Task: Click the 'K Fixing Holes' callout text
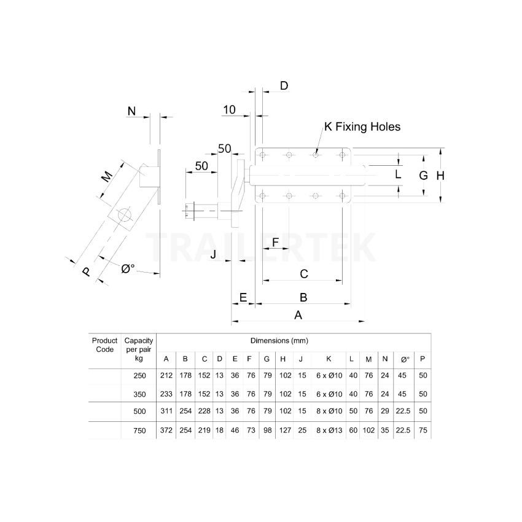click(x=362, y=127)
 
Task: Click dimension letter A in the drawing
click(x=298, y=315)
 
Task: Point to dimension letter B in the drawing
click(x=303, y=297)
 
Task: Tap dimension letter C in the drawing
click(x=303, y=274)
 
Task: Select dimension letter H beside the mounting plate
click(x=440, y=176)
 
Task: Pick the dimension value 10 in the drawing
click(x=229, y=110)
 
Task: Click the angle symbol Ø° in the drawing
click(x=128, y=268)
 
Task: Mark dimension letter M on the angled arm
click(x=107, y=177)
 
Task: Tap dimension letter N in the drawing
click(x=131, y=111)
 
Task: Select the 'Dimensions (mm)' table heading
click(x=279, y=340)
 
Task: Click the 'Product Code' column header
click(x=104, y=345)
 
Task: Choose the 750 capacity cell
click(x=139, y=431)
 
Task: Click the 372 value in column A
click(x=166, y=431)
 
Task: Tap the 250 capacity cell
click(x=139, y=375)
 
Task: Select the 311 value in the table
click(x=166, y=412)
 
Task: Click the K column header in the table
click(x=329, y=359)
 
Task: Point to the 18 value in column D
click(x=219, y=431)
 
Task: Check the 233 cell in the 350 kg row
click(x=166, y=394)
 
